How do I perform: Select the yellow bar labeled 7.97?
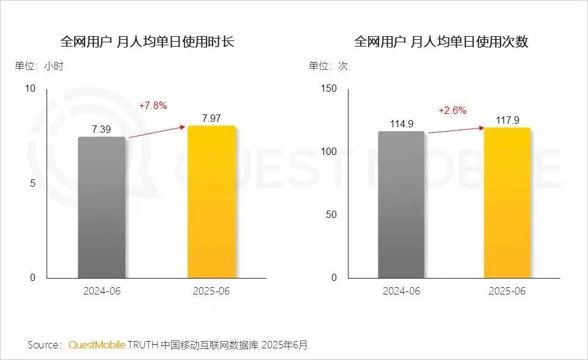coord(211,202)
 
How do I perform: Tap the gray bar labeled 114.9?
coord(401,204)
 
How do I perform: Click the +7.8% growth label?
coord(153,105)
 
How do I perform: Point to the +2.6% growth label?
coord(452,110)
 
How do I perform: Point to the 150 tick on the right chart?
coord(329,89)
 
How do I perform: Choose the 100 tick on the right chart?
coord(329,152)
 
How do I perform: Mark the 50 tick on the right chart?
coord(331,215)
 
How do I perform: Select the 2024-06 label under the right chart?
coord(401,291)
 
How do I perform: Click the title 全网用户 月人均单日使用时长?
coord(147,42)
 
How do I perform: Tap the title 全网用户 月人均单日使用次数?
coord(441,42)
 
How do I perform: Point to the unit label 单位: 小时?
coord(39,66)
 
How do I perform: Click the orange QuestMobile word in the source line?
coord(96,345)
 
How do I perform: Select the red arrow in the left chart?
coord(156,132)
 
